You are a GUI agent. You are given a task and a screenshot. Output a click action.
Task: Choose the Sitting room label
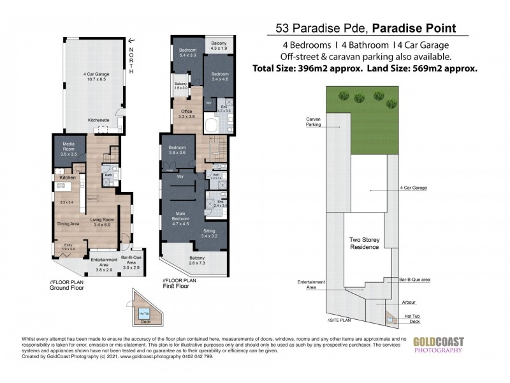(x=210, y=234)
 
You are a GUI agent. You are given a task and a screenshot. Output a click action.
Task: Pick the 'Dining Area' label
(x=68, y=224)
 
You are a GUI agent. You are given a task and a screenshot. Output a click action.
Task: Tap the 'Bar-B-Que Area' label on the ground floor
(x=131, y=262)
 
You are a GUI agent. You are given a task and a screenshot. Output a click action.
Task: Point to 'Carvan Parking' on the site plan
(x=314, y=122)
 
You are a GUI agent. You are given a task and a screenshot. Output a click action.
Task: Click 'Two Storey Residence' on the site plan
(x=365, y=243)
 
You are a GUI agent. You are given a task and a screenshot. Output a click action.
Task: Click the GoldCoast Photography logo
(x=439, y=345)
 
